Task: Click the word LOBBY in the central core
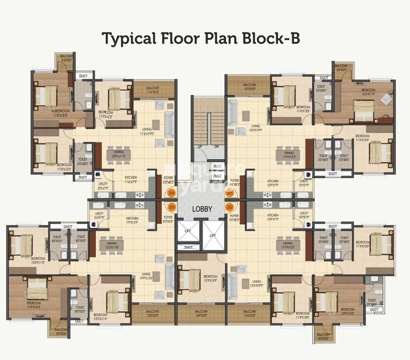[x=205, y=209]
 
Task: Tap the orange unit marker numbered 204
[x=172, y=193]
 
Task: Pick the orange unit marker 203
[x=172, y=207]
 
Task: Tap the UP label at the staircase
[x=200, y=147]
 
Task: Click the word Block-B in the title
[x=274, y=39]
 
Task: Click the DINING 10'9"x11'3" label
[x=118, y=155]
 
